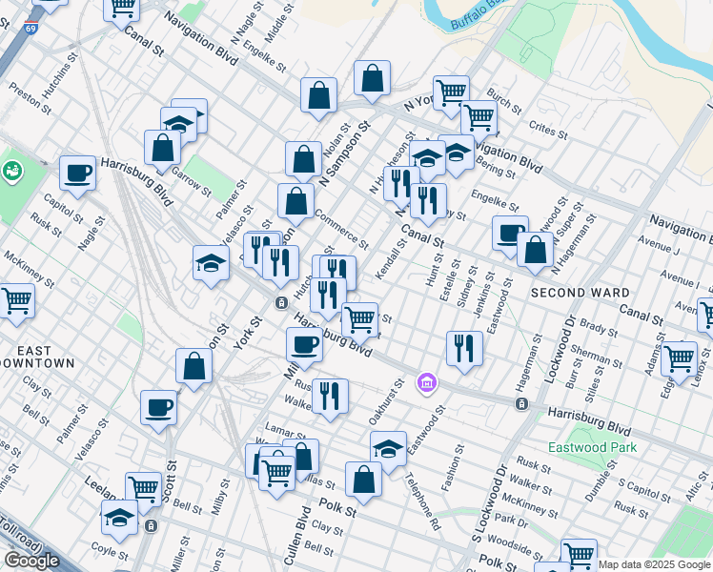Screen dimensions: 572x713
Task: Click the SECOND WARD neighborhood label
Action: tap(580, 293)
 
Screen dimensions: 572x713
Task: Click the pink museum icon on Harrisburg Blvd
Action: tap(427, 383)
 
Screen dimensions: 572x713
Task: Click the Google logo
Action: tap(31, 561)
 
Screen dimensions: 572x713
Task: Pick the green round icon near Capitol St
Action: tap(12, 172)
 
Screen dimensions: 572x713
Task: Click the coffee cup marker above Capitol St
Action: tap(77, 174)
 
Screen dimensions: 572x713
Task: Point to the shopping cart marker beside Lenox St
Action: tap(679, 358)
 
